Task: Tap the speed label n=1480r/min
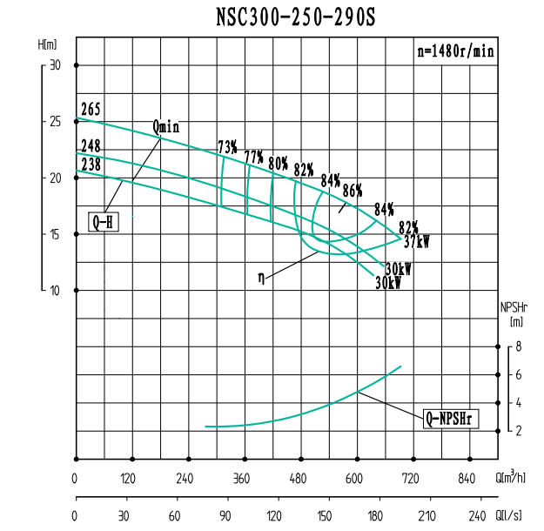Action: click(455, 51)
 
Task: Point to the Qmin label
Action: click(165, 126)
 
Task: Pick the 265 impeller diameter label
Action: click(91, 109)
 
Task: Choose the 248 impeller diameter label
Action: click(91, 146)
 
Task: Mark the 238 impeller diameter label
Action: click(91, 164)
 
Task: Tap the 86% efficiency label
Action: click(352, 191)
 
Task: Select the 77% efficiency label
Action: click(253, 157)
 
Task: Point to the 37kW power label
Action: click(417, 242)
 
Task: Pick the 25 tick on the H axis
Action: click(56, 121)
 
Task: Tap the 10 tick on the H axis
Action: click(56, 290)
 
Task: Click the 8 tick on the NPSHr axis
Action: click(518, 346)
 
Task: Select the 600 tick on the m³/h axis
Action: click(353, 478)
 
